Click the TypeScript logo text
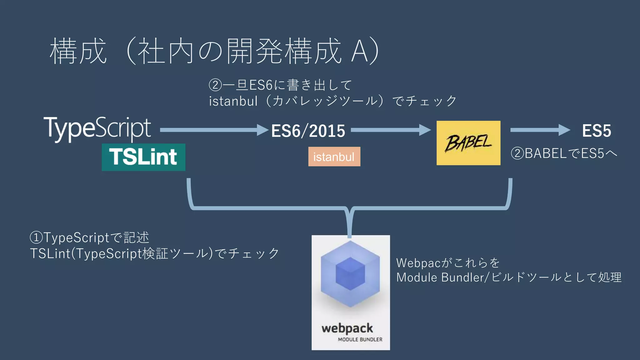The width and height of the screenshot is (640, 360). [97, 129]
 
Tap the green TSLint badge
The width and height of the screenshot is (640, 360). [143, 157]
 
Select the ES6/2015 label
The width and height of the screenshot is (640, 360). [308, 131]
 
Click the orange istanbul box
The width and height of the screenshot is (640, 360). [334, 157]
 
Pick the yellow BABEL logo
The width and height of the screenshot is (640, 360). [468, 143]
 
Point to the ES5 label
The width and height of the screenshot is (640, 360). [596, 131]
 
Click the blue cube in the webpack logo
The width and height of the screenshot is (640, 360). [350, 274]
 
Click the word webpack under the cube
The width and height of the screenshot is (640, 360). [347, 328]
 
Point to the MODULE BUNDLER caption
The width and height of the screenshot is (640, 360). [360, 339]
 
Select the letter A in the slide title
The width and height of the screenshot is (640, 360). [359, 51]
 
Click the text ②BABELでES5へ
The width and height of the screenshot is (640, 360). [564, 153]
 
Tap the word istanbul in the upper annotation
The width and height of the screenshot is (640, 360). [233, 101]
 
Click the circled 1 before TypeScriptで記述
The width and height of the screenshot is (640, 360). [36, 237]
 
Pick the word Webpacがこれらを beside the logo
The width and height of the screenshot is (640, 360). [448, 263]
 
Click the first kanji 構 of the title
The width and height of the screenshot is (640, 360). [63, 51]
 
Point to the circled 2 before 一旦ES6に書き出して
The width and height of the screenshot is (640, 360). [215, 85]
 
